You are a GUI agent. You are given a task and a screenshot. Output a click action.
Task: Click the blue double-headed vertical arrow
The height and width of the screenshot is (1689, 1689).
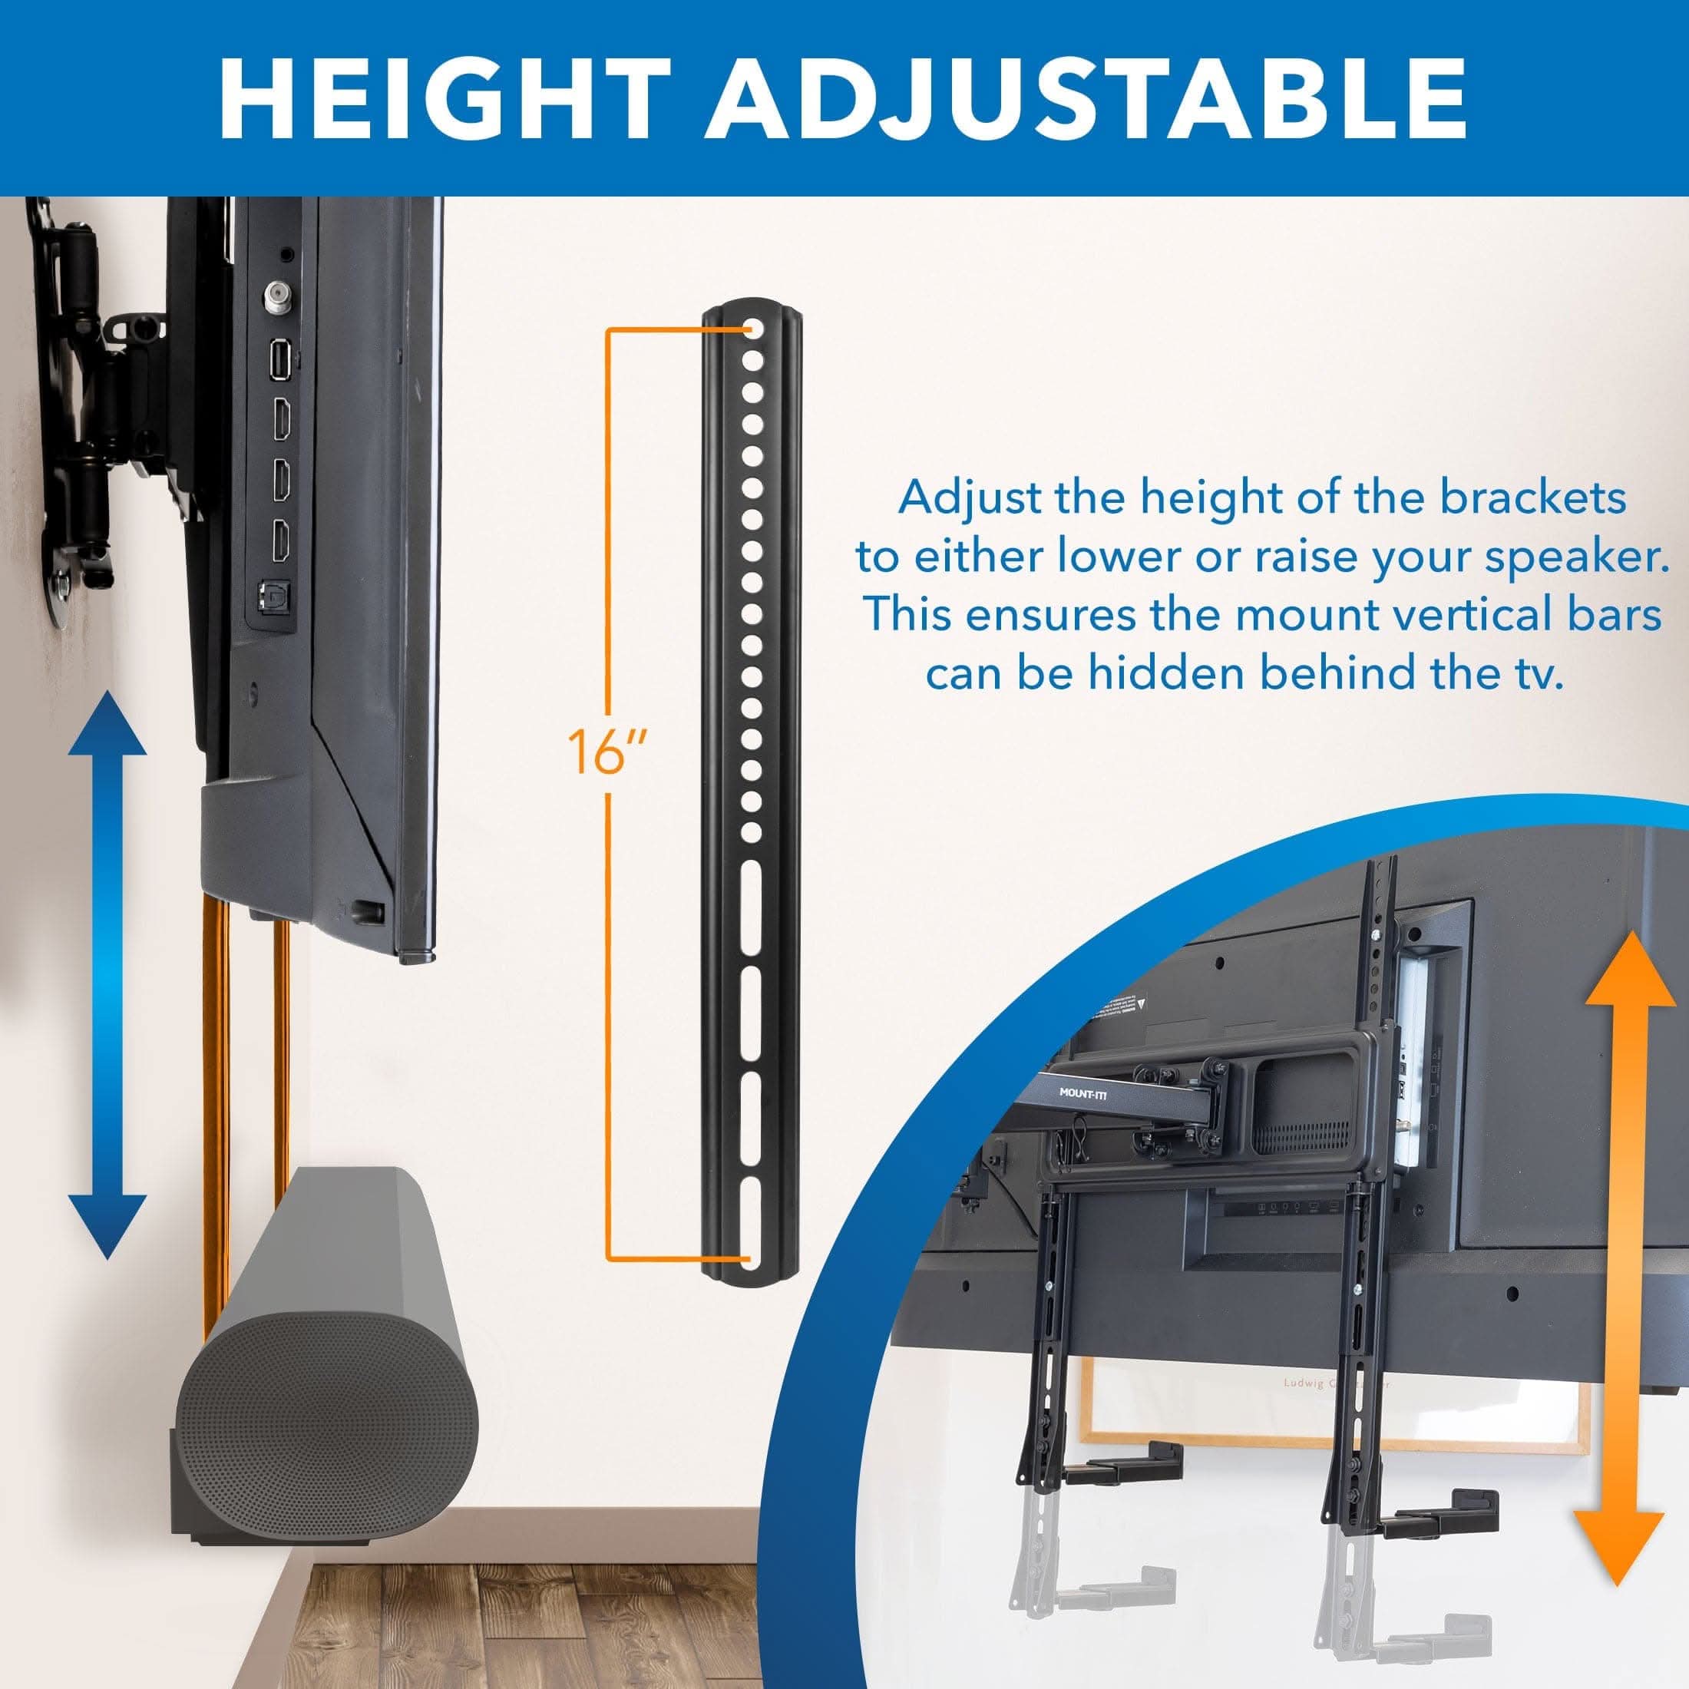[108, 973]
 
